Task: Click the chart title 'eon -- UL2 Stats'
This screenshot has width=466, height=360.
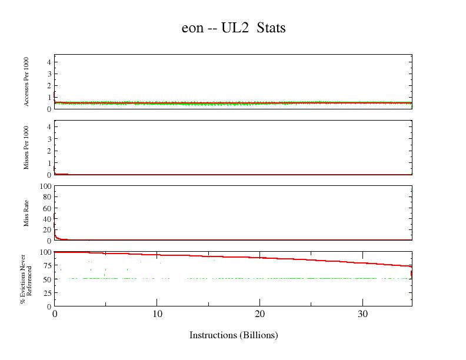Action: (233, 28)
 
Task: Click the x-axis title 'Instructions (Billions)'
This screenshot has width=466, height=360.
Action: (233, 335)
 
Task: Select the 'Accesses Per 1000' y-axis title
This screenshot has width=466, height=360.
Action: (27, 82)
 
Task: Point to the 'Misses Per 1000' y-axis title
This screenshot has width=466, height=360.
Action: (27, 148)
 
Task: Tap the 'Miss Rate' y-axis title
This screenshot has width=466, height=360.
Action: (27, 214)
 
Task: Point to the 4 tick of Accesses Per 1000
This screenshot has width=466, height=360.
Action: (49, 62)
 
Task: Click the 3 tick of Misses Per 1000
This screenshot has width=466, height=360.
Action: (49, 139)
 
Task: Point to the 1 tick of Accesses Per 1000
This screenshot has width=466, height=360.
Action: (49, 97)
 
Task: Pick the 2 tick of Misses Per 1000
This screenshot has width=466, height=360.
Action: (49, 151)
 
